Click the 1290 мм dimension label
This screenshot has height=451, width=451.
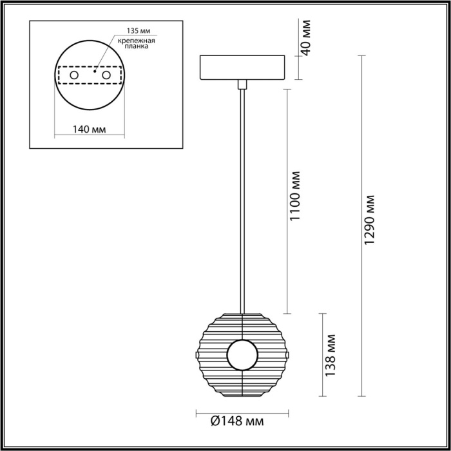pyautogui.click(x=369, y=219)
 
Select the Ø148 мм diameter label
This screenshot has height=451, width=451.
pyautogui.click(x=237, y=421)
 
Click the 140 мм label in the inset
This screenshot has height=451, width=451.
pyautogui.click(x=90, y=130)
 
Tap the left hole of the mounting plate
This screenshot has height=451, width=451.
pyautogui.click(x=74, y=76)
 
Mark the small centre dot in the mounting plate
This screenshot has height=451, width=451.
pyautogui.click(x=95, y=73)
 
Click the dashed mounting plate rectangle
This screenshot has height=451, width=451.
pyautogui.click(x=90, y=84)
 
